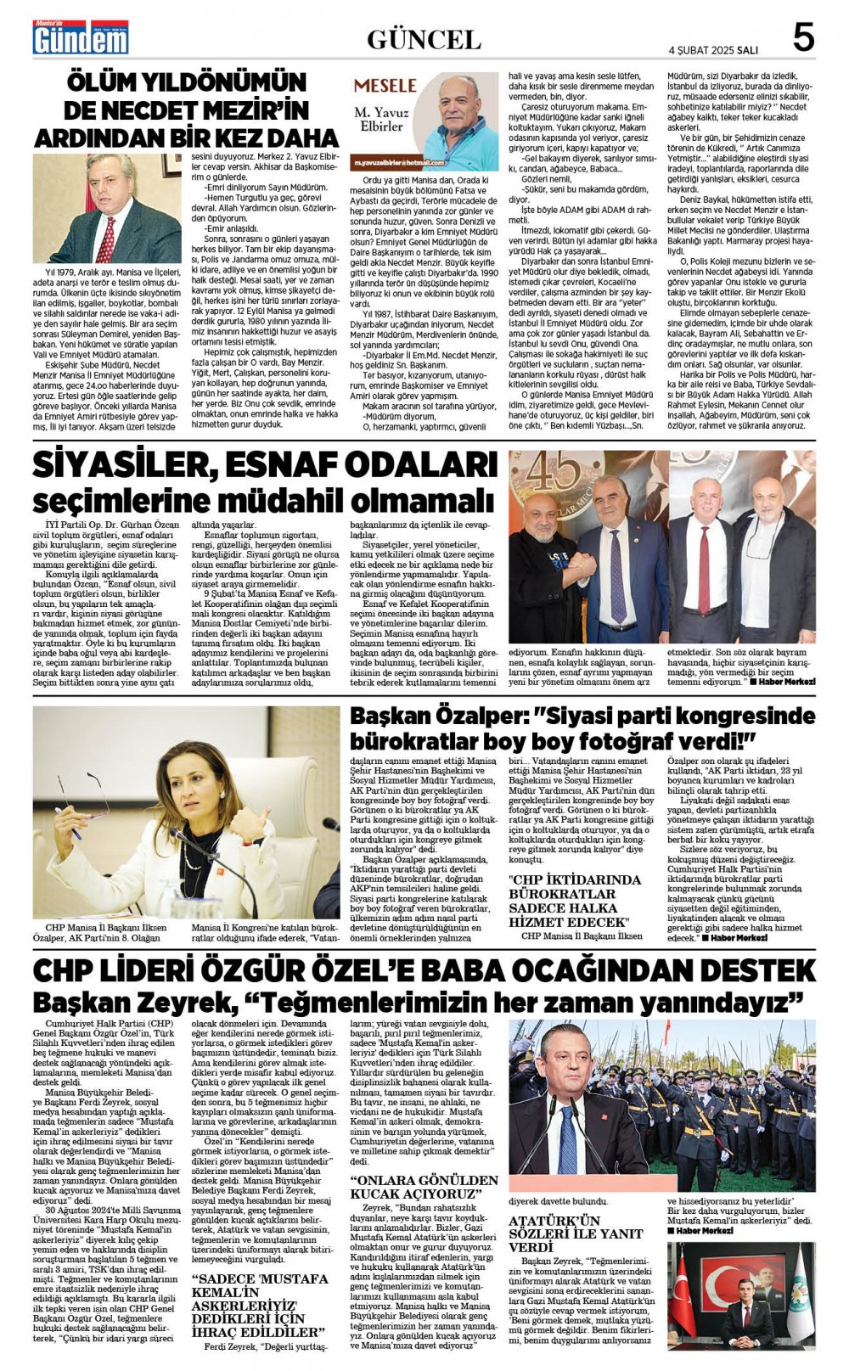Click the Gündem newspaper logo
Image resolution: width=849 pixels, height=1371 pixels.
[81, 38]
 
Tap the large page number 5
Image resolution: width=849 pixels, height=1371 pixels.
[802, 38]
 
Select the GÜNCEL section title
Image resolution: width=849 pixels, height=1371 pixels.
[424, 39]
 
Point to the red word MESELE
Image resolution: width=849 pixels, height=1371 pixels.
[385, 86]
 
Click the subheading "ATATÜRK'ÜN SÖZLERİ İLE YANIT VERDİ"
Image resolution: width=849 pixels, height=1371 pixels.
[554, 1233]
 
